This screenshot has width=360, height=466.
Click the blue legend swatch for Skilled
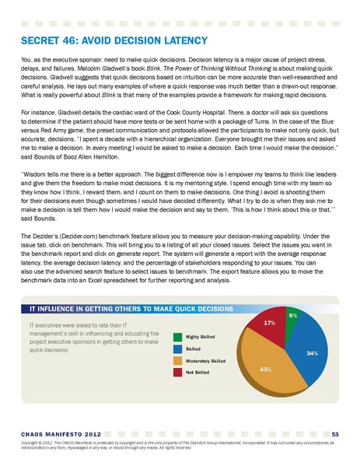(178, 349)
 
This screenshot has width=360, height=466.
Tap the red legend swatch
(178, 373)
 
